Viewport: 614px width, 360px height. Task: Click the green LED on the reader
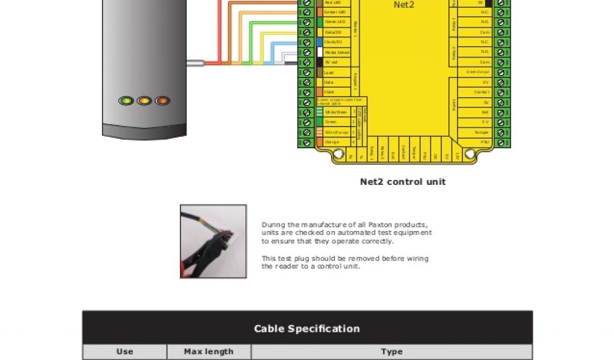[x=126, y=101]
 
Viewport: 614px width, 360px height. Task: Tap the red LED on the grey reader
[x=162, y=101]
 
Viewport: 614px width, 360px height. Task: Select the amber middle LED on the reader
[x=144, y=101]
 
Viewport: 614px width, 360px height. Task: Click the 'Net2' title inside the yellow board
[x=404, y=5]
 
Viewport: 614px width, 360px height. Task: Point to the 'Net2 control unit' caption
[x=403, y=182]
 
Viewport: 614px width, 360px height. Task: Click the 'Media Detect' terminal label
[x=337, y=52]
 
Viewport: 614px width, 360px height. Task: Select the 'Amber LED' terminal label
[x=335, y=12]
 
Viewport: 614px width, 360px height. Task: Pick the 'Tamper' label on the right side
[x=481, y=132]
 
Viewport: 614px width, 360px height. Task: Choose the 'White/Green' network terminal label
[x=336, y=112]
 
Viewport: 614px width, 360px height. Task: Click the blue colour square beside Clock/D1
[x=320, y=42]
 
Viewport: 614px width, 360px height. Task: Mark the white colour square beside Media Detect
[x=320, y=52]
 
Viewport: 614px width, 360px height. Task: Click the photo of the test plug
[x=213, y=241]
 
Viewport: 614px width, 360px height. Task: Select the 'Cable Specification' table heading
[x=307, y=329]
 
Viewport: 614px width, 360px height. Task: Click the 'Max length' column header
[x=209, y=352]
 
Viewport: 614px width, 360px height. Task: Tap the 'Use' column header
[x=125, y=352]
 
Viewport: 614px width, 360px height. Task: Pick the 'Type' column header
[x=392, y=352]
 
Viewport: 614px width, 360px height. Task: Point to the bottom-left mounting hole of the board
[x=336, y=154]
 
